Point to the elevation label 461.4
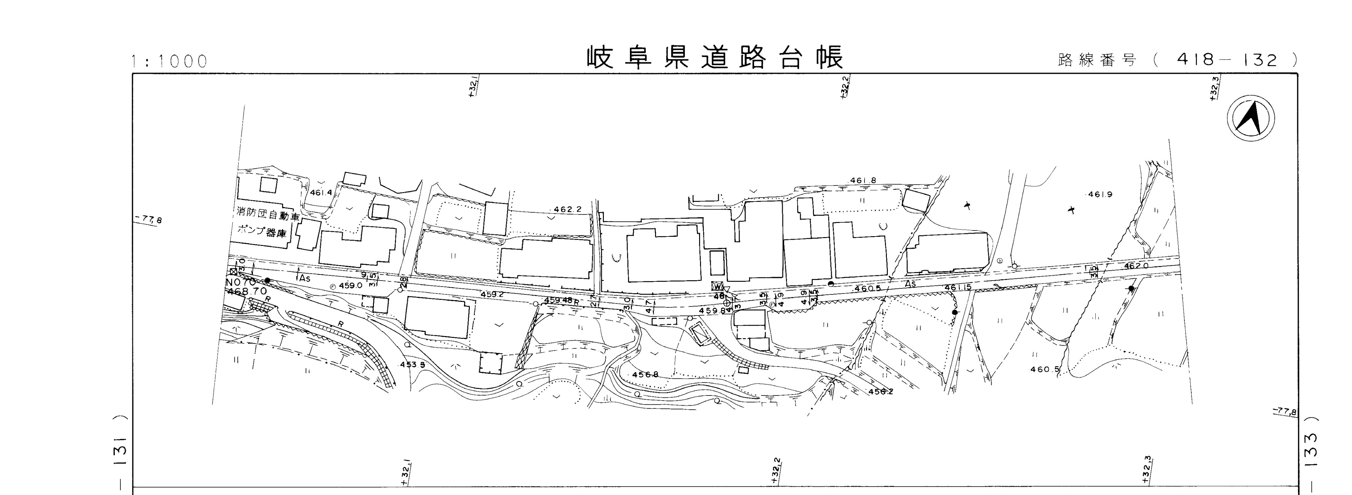tap(321, 193)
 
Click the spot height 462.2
tap(567, 209)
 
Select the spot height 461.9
tap(1100, 194)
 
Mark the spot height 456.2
tap(881, 391)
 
